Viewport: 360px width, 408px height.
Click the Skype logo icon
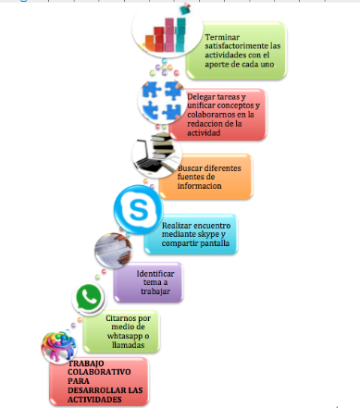click(x=138, y=209)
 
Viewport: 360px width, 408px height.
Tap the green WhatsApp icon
click(x=89, y=299)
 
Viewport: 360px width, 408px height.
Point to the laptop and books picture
click(x=156, y=155)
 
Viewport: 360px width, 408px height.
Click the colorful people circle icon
click(x=59, y=346)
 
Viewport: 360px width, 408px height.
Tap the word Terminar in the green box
click(x=222, y=37)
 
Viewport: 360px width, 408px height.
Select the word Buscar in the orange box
click(x=192, y=168)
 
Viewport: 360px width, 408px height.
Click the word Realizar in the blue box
click(x=177, y=226)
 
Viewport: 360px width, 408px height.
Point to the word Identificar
click(x=155, y=274)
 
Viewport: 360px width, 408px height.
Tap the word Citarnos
click(x=121, y=318)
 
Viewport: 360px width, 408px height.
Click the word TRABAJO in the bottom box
click(x=86, y=364)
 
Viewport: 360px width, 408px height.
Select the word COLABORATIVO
click(x=99, y=372)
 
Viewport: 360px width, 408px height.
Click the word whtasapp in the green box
click(x=125, y=336)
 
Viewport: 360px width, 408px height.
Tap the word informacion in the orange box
click(x=199, y=186)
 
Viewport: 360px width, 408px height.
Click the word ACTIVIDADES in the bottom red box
click(x=94, y=400)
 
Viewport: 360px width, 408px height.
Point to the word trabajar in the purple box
click(x=155, y=291)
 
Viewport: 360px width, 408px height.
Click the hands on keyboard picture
click(x=113, y=251)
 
